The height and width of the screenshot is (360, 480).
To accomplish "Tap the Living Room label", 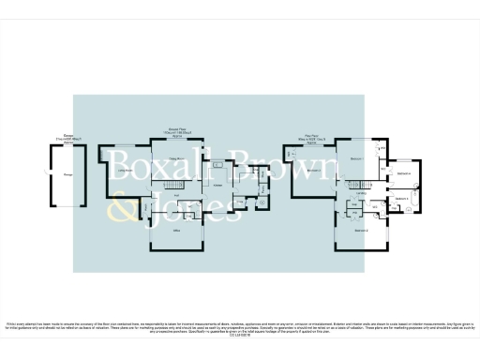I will [125, 171].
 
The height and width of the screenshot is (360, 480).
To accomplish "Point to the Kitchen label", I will [217, 185].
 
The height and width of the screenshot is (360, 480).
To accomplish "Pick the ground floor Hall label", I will [175, 195].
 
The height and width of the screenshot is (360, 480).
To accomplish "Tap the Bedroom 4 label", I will [402, 174].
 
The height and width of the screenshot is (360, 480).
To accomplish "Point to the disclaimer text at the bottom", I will [240, 327].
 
